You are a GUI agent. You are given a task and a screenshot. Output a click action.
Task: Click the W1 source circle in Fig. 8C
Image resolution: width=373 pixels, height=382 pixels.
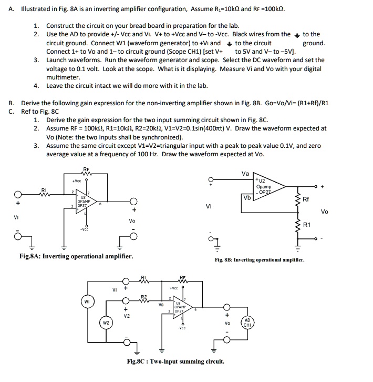point(87,301)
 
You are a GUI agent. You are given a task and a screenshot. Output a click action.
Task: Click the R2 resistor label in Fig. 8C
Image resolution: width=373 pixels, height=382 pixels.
point(144,297)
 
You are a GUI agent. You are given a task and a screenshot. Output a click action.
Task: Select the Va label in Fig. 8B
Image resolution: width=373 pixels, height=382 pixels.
point(245,174)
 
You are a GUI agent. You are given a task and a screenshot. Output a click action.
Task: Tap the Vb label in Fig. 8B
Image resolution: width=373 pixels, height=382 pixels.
point(247,197)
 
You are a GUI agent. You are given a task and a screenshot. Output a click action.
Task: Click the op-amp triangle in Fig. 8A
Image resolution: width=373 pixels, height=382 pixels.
point(86,203)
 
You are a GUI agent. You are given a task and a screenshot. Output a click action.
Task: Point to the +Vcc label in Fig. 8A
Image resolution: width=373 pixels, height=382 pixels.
point(76,182)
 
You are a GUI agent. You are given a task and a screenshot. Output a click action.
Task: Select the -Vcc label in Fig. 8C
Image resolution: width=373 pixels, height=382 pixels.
point(181,328)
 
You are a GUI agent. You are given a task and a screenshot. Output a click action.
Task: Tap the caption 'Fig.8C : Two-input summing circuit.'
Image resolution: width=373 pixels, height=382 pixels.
point(175,361)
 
